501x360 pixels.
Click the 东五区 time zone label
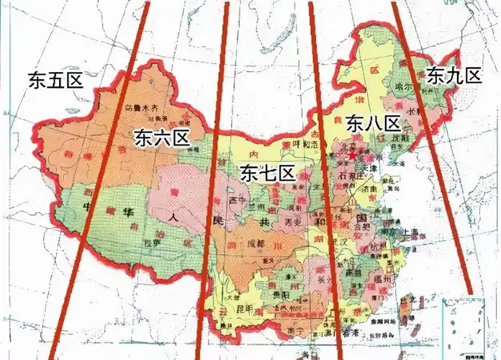(x=56, y=80)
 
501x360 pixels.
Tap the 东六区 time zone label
(x=161, y=138)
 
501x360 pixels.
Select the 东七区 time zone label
(x=267, y=173)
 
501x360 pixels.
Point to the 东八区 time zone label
(x=373, y=123)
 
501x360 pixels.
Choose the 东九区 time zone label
(x=453, y=74)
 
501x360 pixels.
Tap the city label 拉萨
(x=152, y=244)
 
